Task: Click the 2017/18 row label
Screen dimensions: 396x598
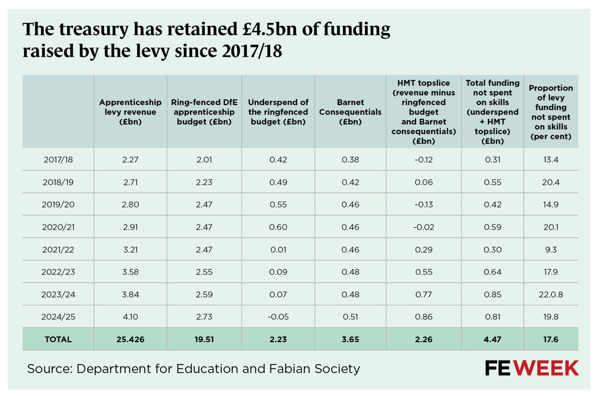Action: click(x=58, y=160)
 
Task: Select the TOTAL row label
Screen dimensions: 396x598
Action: click(x=58, y=340)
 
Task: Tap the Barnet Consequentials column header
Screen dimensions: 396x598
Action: click(x=350, y=112)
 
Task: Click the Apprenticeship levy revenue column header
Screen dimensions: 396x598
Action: click(x=130, y=112)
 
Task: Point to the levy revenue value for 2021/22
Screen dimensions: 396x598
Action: click(x=130, y=250)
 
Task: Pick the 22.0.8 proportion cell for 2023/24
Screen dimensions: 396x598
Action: click(x=551, y=295)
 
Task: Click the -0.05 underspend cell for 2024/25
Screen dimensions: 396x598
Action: click(x=278, y=317)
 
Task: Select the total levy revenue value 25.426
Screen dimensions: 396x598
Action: click(x=130, y=340)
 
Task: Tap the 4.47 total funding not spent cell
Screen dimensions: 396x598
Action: click(x=492, y=340)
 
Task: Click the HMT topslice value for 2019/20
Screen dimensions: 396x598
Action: click(x=424, y=205)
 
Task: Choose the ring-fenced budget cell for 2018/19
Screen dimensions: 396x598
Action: click(x=204, y=182)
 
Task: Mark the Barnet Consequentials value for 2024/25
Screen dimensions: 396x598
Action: click(x=350, y=317)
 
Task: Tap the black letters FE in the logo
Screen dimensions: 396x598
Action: click(x=498, y=368)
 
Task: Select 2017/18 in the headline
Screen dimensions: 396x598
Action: click(x=252, y=51)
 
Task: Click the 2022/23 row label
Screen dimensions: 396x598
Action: click(x=58, y=272)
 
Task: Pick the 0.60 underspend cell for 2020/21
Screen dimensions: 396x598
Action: click(x=278, y=227)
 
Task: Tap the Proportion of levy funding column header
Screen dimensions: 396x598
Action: click(x=551, y=112)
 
